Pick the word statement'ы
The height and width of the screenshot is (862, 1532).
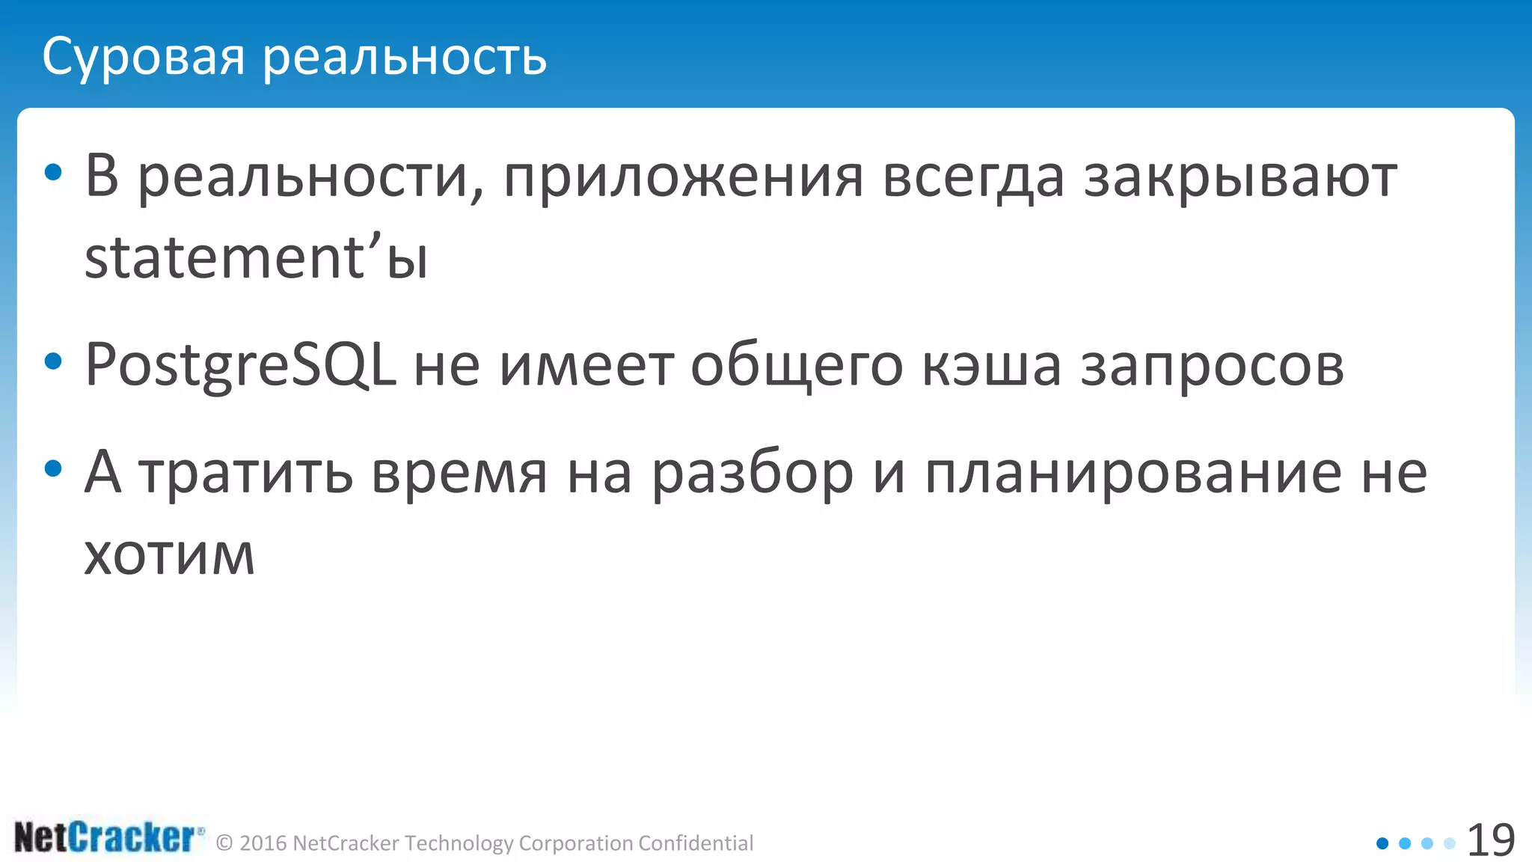pyautogui.click(x=256, y=257)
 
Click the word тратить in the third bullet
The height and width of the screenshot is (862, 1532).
pyautogui.click(x=246, y=473)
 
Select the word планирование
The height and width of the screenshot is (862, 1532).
pyautogui.click(x=1133, y=473)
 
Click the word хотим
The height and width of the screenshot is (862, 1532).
pyautogui.click(x=169, y=554)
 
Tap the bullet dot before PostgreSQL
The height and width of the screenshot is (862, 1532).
pyautogui.click(x=53, y=363)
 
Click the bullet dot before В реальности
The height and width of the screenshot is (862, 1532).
pyautogui.click(x=53, y=173)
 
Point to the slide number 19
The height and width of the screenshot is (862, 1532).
pyautogui.click(x=1491, y=840)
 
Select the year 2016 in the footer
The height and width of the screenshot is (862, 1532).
pyautogui.click(x=263, y=843)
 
